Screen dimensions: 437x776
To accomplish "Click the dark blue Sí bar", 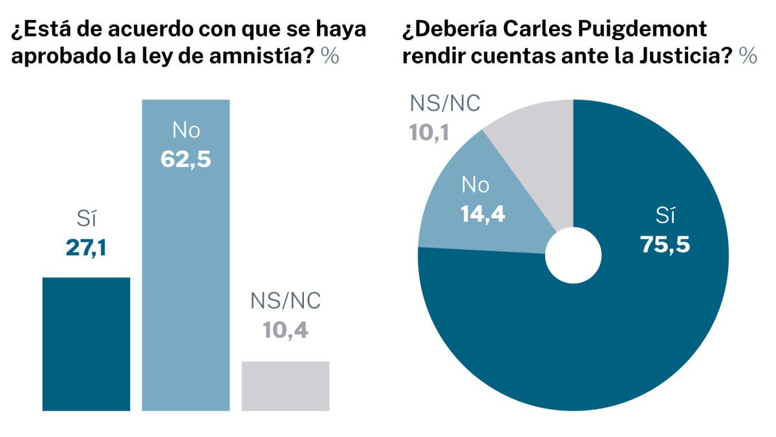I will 86,344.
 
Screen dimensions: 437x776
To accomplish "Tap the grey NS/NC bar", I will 285,386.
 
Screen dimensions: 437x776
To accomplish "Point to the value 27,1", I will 86,248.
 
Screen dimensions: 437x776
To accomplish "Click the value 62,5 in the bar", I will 186,159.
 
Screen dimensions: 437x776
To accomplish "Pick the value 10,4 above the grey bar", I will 285,330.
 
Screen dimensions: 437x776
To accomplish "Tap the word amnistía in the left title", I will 262,56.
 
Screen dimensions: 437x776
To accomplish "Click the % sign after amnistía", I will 330,56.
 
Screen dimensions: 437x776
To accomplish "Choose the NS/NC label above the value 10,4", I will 285,302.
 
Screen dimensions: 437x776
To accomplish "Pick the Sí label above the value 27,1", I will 86,221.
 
